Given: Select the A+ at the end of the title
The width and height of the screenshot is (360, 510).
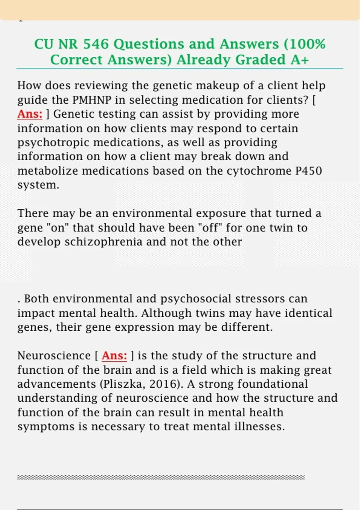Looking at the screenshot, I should [x=300, y=60].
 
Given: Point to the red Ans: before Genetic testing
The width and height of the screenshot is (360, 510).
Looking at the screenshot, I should [x=30, y=114].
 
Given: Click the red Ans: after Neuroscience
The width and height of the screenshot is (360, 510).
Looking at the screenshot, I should [x=114, y=355].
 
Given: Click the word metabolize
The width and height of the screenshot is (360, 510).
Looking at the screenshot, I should [x=48, y=171].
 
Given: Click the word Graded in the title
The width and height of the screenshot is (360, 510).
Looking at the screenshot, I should [x=260, y=60].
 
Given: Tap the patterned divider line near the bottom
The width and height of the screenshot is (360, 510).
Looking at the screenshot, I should [x=161, y=477].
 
